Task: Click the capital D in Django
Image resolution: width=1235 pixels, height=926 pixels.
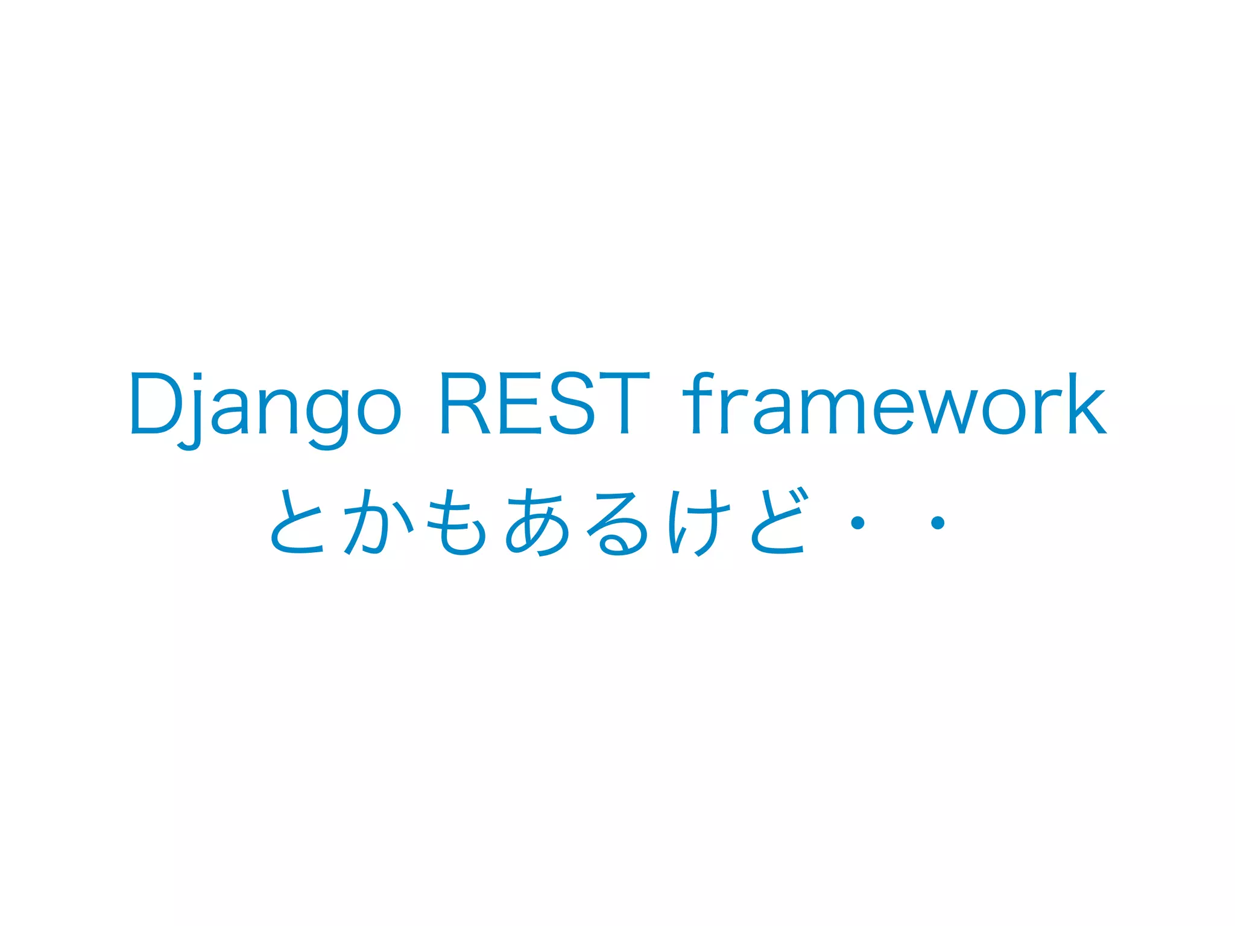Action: tap(157, 403)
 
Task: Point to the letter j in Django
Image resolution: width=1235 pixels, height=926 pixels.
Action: tap(194, 410)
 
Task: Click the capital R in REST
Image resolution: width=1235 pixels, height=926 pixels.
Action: tap(464, 403)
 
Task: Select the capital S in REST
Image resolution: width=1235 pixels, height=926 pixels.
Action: tap(572, 403)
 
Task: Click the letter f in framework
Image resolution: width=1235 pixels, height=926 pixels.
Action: tap(700, 403)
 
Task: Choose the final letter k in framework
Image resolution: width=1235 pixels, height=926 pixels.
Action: tap(1086, 403)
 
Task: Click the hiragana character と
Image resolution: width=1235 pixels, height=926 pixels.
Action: tap(297, 522)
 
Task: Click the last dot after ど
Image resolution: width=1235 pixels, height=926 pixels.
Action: tap(937, 523)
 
